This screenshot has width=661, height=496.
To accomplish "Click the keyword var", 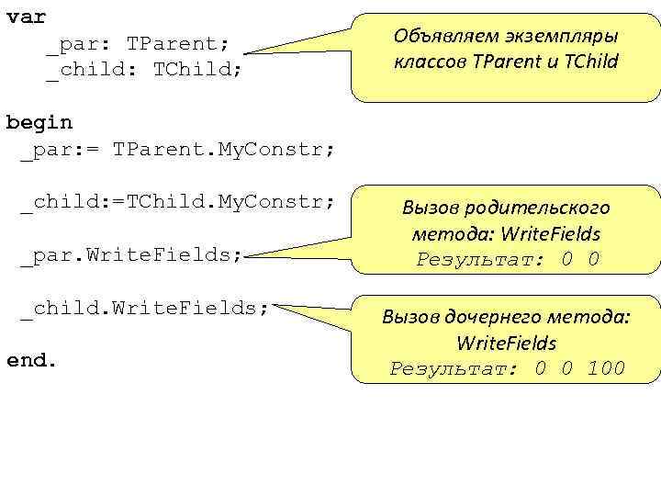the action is pos(26,17).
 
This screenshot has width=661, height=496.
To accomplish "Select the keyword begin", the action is pos(39,122).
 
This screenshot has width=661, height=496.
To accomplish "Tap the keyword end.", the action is pos(32,360).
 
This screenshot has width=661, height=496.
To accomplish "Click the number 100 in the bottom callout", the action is pos(605,369).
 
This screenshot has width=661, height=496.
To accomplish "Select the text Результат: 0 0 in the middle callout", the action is pos(507,259).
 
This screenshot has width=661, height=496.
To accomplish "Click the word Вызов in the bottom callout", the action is pos(411,318).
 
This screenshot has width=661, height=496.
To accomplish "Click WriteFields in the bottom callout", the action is pos(506,344).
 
